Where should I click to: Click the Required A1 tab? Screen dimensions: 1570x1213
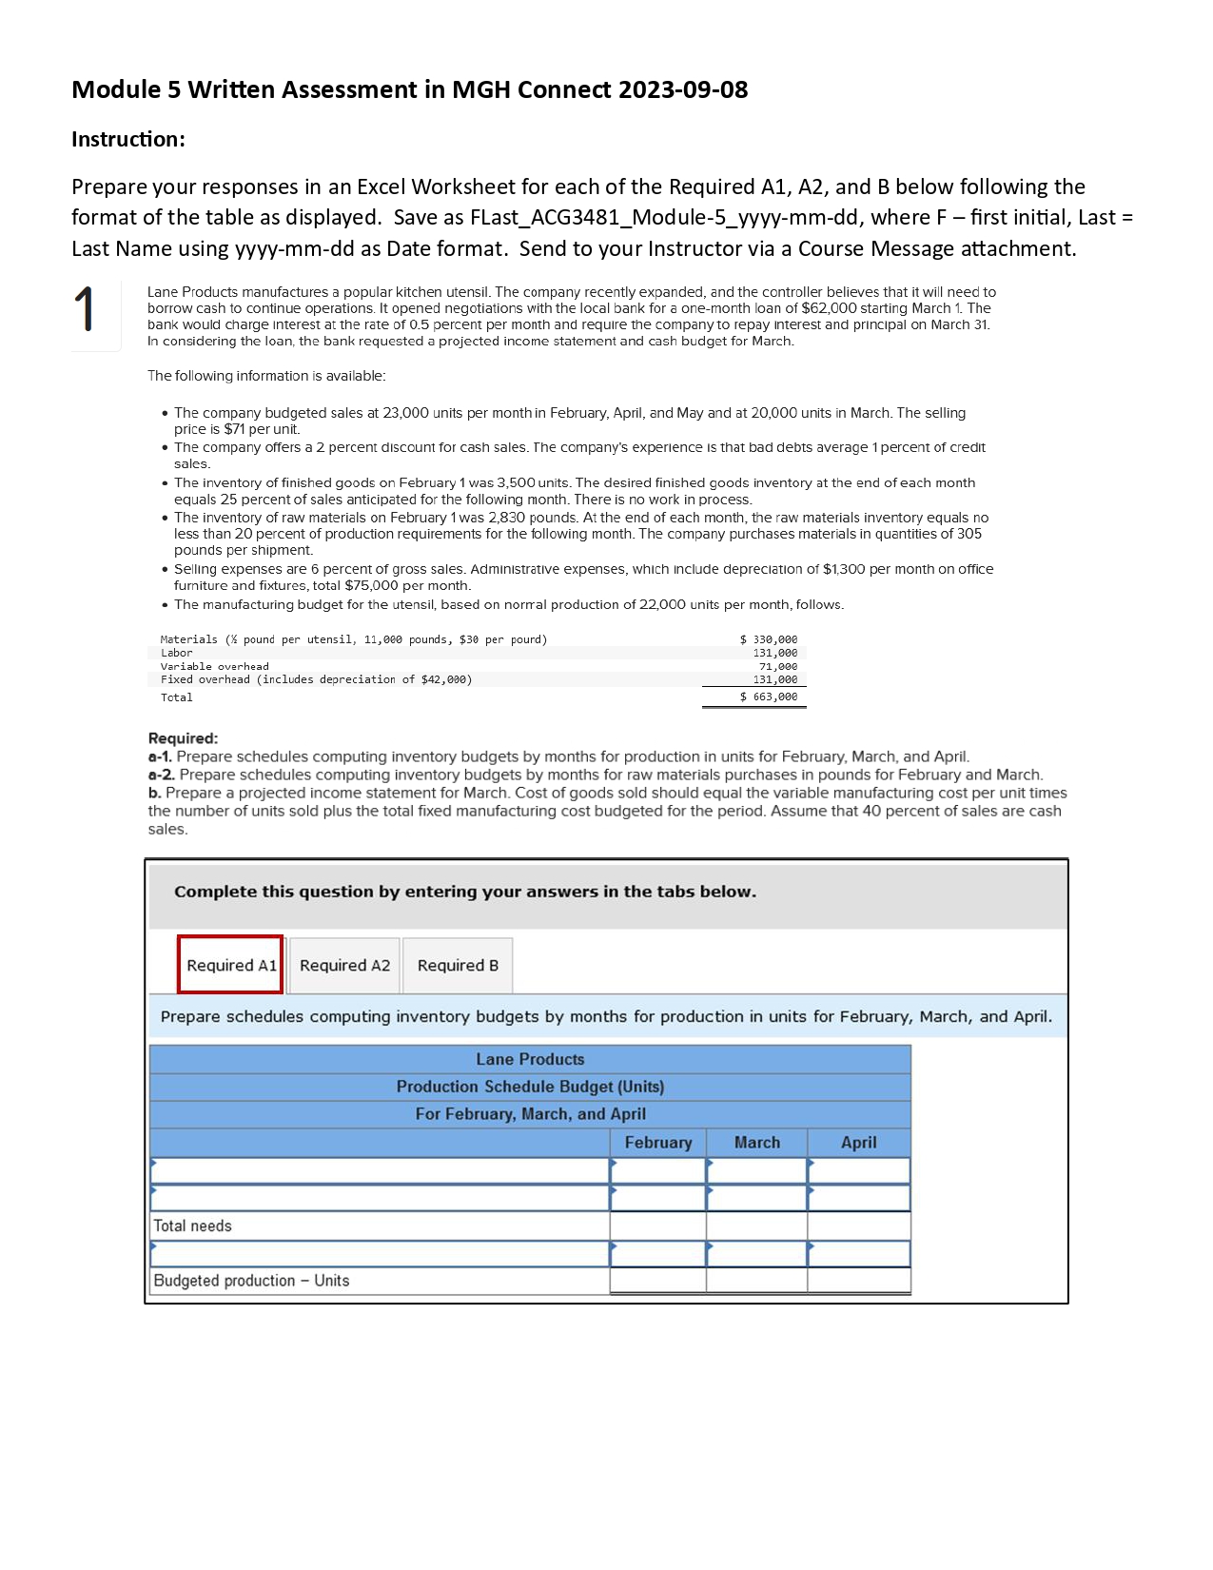pyautogui.click(x=230, y=965)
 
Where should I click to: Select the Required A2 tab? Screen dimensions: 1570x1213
pyautogui.click(x=344, y=965)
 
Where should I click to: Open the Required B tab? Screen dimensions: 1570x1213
pyautogui.click(x=458, y=965)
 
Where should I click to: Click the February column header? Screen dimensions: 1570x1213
pyautogui.click(x=657, y=1143)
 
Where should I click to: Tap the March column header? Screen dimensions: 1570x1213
pyautogui.click(x=756, y=1143)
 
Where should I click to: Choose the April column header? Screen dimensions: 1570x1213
pyautogui.click(x=858, y=1143)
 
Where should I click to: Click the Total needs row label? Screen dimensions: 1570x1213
pyautogui.click(x=193, y=1227)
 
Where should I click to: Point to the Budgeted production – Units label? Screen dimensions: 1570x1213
pyautogui.click(x=251, y=1281)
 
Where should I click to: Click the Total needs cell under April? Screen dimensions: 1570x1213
pyautogui.click(x=858, y=1227)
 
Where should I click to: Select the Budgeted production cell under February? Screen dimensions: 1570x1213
pyautogui.click(x=657, y=1281)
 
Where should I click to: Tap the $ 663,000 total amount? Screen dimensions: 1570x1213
pyautogui.click(x=769, y=697)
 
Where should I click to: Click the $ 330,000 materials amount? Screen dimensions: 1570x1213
pyautogui.click(x=769, y=639)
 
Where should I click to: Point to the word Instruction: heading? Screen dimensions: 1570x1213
pyautogui.click(x=128, y=139)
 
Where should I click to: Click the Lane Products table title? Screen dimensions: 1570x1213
pyautogui.click(x=530, y=1059)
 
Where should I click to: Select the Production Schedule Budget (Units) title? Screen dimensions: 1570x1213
pyautogui.click(x=530, y=1087)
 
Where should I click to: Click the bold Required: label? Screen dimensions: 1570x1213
pyautogui.click(x=183, y=738)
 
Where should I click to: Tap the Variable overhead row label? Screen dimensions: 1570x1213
pyautogui.click(x=214, y=666)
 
